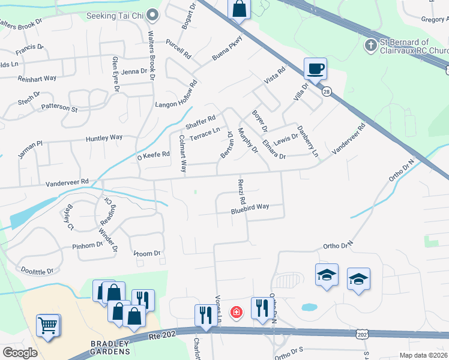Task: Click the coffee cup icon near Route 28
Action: pos(315,68)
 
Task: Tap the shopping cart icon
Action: pos(49,325)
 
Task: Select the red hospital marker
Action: pos(236,313)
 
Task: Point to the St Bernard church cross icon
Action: pos(371,45)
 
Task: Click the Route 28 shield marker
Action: pos(327,91)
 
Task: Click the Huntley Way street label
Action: pos(104,138)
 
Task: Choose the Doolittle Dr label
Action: pos(38,271)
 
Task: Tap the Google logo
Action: pos(20,352)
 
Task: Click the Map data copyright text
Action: pos(423,355)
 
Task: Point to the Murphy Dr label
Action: pos(247,140)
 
